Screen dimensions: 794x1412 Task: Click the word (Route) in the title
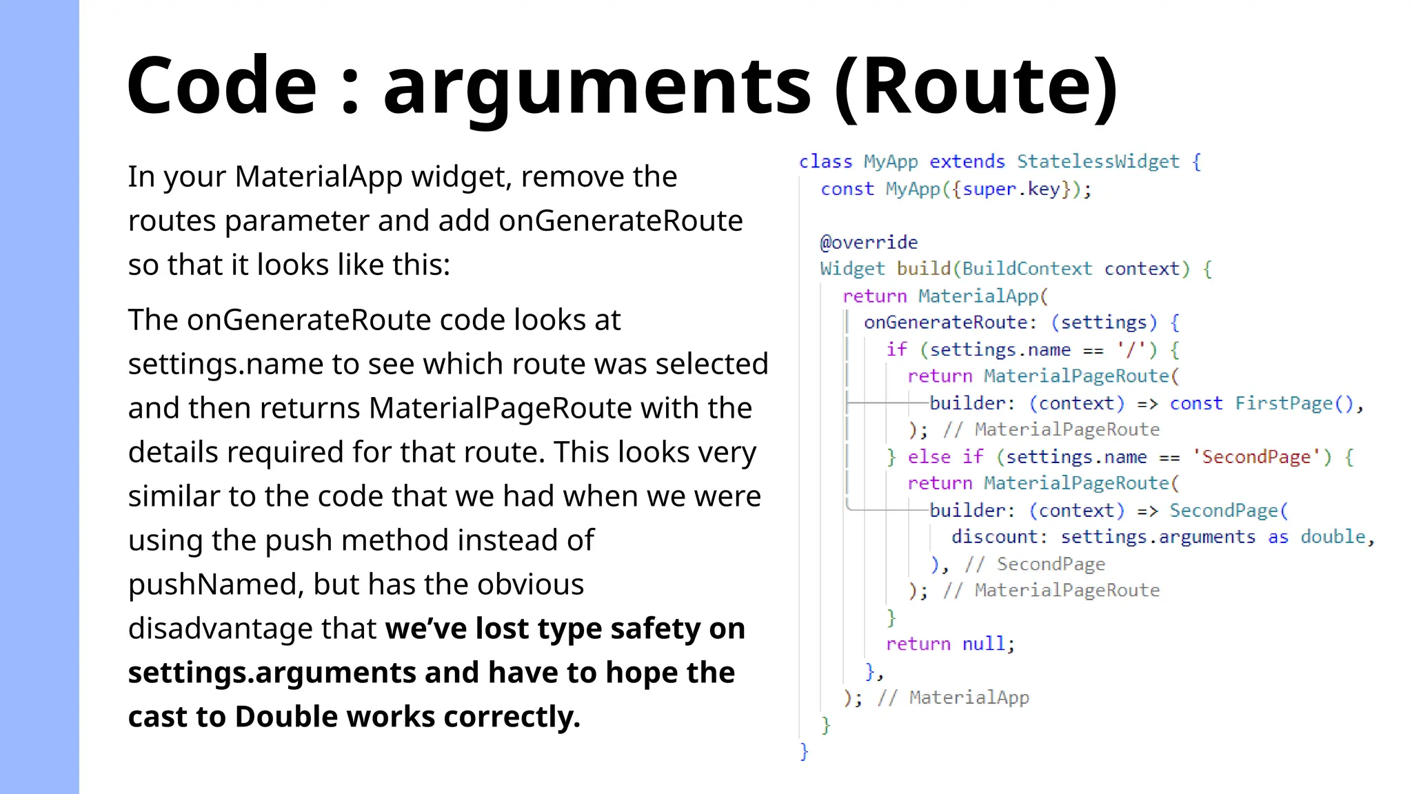pyautogui.click(x=976, y=85)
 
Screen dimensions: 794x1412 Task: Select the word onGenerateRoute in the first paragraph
pyautogui.click(x=621, y=221)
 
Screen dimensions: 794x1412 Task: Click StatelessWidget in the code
pyautogui.click(x=1098, y=161)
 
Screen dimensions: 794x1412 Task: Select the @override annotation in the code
pyautogui.click(x=869, y=242)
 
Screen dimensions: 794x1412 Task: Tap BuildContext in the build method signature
pyautogui.click(x=1027, y=269)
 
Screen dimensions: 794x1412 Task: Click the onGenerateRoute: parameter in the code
pyautogui.click(x=949, y=323)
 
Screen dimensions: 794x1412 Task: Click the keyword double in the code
pyautogui.click(x=1333, y=537)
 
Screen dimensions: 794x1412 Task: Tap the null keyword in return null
pyautogui.click(x=982, y=644)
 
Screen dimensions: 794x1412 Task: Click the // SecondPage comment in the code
pyautogui.click(x=1035, y=564)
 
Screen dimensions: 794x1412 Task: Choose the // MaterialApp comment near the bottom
pyautogui.click(x=953, y=698)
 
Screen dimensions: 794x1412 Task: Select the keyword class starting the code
pyautogui.click(x=825, y=161)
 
